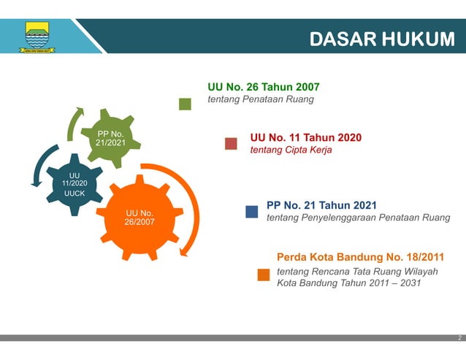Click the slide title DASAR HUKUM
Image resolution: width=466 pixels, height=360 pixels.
coord(381,39)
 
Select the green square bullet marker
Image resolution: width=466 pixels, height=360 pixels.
coord(186,104)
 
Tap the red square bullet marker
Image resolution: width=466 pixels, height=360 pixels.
coord(231,143)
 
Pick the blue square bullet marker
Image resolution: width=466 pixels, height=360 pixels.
coord(251,212)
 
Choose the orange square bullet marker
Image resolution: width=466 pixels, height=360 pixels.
coord(263,275)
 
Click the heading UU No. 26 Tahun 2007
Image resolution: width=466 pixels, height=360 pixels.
coord(263,87)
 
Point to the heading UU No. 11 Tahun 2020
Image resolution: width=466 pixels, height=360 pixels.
coord(305,137)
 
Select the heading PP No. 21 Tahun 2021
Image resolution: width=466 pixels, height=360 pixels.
coord(321,205)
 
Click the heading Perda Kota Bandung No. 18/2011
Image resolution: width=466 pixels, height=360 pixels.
coord(360,257)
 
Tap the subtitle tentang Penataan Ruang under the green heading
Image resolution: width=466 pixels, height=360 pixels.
coord(260,99)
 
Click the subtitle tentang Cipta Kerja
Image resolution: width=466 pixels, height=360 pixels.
coord(291,150)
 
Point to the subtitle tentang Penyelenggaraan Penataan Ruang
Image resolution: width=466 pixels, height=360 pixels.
coord(358,218)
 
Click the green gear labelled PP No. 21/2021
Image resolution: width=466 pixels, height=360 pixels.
coord(110,138)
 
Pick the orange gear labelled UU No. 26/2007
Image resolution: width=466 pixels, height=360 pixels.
coord(139,217)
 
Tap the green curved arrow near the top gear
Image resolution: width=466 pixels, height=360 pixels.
coord(73,122)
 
